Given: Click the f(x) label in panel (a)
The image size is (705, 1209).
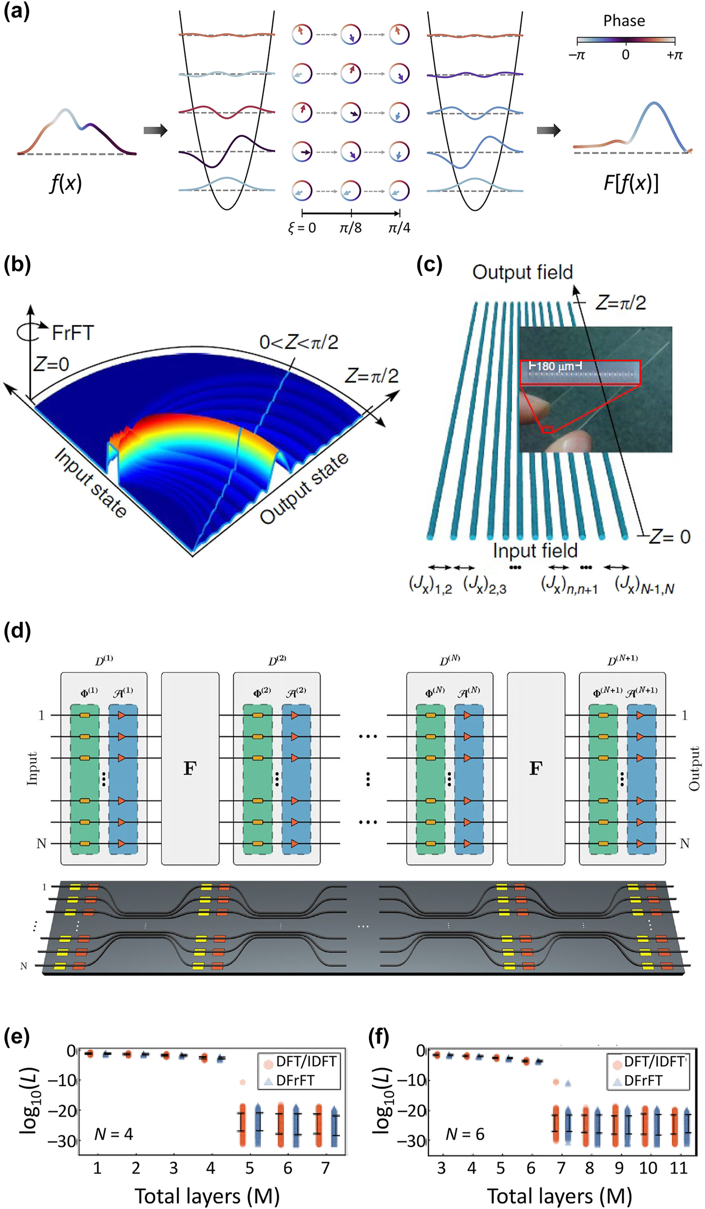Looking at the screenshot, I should [x=66, y=183].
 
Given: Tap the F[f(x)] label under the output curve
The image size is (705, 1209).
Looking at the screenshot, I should [x=631, y=183].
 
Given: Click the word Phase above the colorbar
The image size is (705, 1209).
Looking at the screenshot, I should [x=624, y=21].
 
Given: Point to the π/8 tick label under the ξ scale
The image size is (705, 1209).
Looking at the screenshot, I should [x=350, y=228].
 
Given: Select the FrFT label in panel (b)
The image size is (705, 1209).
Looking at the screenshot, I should [x=73, y=333].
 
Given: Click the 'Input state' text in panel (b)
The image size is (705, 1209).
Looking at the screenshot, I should [x=91, y=482].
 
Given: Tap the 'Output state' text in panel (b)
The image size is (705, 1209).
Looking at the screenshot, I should [x=304, y=488].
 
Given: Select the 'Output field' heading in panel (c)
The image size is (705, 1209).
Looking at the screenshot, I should [x=522, y=272].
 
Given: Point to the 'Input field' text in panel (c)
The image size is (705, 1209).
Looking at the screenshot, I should [x=535, y=550].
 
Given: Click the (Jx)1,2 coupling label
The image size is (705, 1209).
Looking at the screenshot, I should [x=430, y=585].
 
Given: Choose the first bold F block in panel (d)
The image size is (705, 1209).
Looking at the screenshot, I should [x=190, y=768].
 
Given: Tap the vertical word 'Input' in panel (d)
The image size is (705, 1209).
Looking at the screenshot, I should [x=32, y=768].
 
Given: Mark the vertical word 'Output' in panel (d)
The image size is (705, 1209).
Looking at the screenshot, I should [x=694, y=768].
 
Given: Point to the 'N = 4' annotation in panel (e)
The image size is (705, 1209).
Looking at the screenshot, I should [x=114, y=1134].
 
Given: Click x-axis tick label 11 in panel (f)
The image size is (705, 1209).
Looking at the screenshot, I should [x=678, y=1168].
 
